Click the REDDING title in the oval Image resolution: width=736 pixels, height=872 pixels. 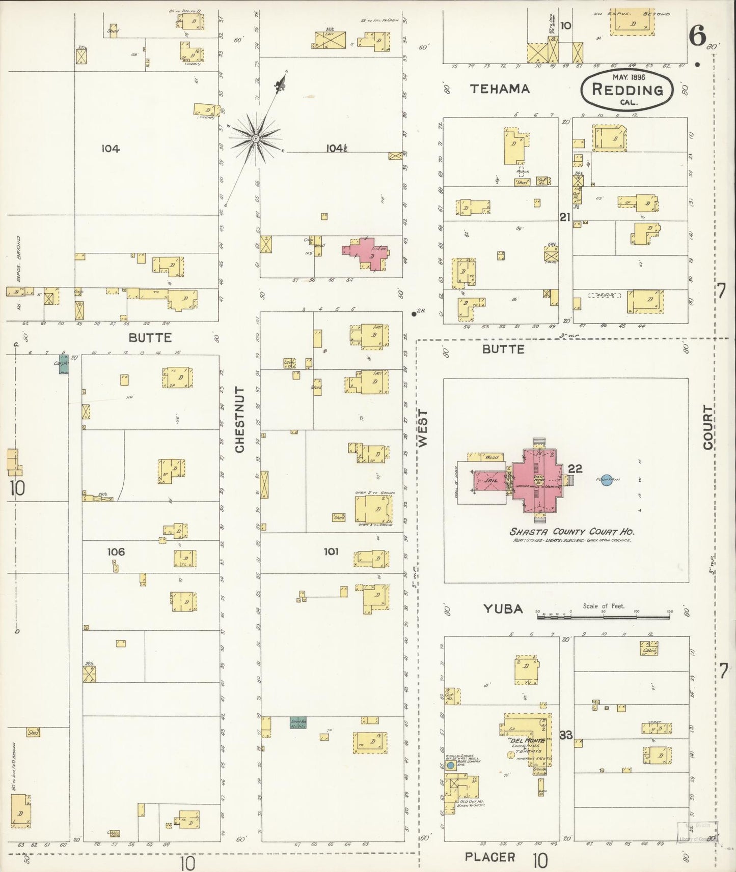tap(628, 90)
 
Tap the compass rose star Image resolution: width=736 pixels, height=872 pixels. tap(255, 137)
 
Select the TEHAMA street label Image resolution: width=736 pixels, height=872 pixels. tap(499, 89)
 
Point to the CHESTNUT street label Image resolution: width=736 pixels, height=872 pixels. tap(240, 420)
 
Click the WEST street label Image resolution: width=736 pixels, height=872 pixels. tap(423, 428)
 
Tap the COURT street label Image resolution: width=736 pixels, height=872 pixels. tap(708, 427)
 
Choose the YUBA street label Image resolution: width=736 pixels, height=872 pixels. tap(503, 608)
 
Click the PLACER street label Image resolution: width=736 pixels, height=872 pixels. tap(489, 857)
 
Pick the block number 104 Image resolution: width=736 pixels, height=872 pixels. tap(110, 149)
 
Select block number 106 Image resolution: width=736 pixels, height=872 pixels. tap(116, 551)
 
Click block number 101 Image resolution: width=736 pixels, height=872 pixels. tap(331, 551)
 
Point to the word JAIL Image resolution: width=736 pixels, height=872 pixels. tap(490, 480)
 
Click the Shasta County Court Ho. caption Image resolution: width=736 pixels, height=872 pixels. tap(572, 532)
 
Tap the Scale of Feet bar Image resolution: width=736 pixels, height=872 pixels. tap(604, 616)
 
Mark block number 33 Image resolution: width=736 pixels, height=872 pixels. tap(565, 735)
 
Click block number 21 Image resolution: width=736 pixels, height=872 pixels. tap(564, 217)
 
